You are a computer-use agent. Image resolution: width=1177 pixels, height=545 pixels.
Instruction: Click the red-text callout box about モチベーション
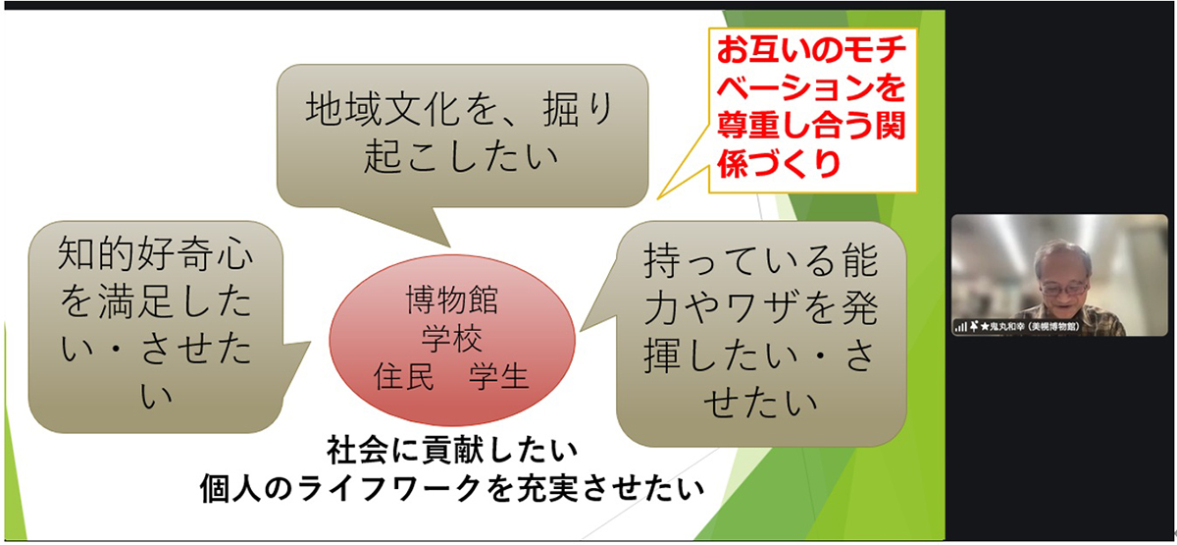812,108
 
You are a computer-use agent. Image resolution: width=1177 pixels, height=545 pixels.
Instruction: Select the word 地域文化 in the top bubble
369,109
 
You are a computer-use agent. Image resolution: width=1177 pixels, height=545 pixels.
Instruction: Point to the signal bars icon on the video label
960,326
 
